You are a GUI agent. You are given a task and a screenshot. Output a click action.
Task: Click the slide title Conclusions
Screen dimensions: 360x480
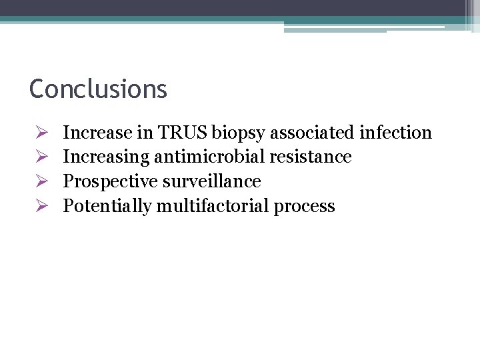pyautogui.click(x=98, y=89)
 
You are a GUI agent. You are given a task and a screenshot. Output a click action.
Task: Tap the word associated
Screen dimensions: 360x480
pyautogui.click(x=314, y=133)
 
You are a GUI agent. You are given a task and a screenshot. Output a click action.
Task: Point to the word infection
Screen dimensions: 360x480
pyautogui.click(x=395, y=133)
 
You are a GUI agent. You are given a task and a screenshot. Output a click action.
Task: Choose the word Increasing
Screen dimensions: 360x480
pyautogui.click(x=106, y=157)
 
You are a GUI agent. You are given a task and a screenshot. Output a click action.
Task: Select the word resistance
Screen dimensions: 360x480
pyautogui.click(x=311, y=157)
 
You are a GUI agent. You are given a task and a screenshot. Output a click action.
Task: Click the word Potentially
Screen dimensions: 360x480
pyautogui.click(x=107, y=206)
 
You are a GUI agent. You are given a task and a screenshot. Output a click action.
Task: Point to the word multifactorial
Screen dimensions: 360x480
pyautogui.click(x=213, y=205)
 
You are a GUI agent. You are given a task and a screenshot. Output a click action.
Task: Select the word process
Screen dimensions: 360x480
pyautogui.click(x=305, y=207)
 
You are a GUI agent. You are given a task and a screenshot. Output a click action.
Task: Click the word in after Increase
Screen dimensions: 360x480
pyautogui.click(x=145, y=133)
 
